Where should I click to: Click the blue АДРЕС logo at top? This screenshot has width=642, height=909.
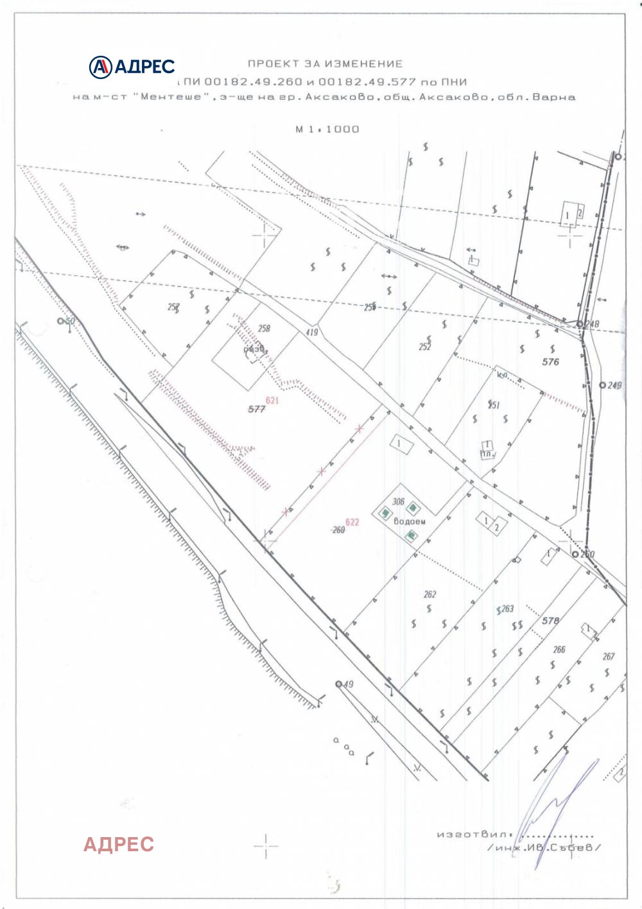[132, 66]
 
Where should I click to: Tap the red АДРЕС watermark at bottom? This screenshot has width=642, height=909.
[119, 844]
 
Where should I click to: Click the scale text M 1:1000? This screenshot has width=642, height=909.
[327, 129]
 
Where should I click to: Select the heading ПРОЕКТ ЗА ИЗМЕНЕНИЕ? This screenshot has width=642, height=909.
[325, 64]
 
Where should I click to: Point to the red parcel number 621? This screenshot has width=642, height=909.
[272, 400]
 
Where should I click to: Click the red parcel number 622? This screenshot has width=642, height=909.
[352, 522]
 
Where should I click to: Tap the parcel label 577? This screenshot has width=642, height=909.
[257, 409]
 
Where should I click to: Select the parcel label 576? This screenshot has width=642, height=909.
[551, 361]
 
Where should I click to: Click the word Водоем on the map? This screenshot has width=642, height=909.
[409, 521]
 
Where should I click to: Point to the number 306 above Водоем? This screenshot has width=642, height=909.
[398, 502]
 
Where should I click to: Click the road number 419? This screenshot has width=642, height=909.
[312, 332]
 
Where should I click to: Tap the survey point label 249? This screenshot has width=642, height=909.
[614, 385]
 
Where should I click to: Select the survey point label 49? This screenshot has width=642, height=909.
[348, 684]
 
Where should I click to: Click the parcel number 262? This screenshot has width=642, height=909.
[430, 594]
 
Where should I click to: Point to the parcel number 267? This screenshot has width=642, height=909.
[609, 656]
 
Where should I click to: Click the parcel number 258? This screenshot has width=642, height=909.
[264, 328]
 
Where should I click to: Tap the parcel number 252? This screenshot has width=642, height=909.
[425, 347]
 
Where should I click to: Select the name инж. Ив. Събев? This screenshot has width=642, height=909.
[546, 847]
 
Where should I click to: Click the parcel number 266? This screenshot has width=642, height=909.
[559, 650]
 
